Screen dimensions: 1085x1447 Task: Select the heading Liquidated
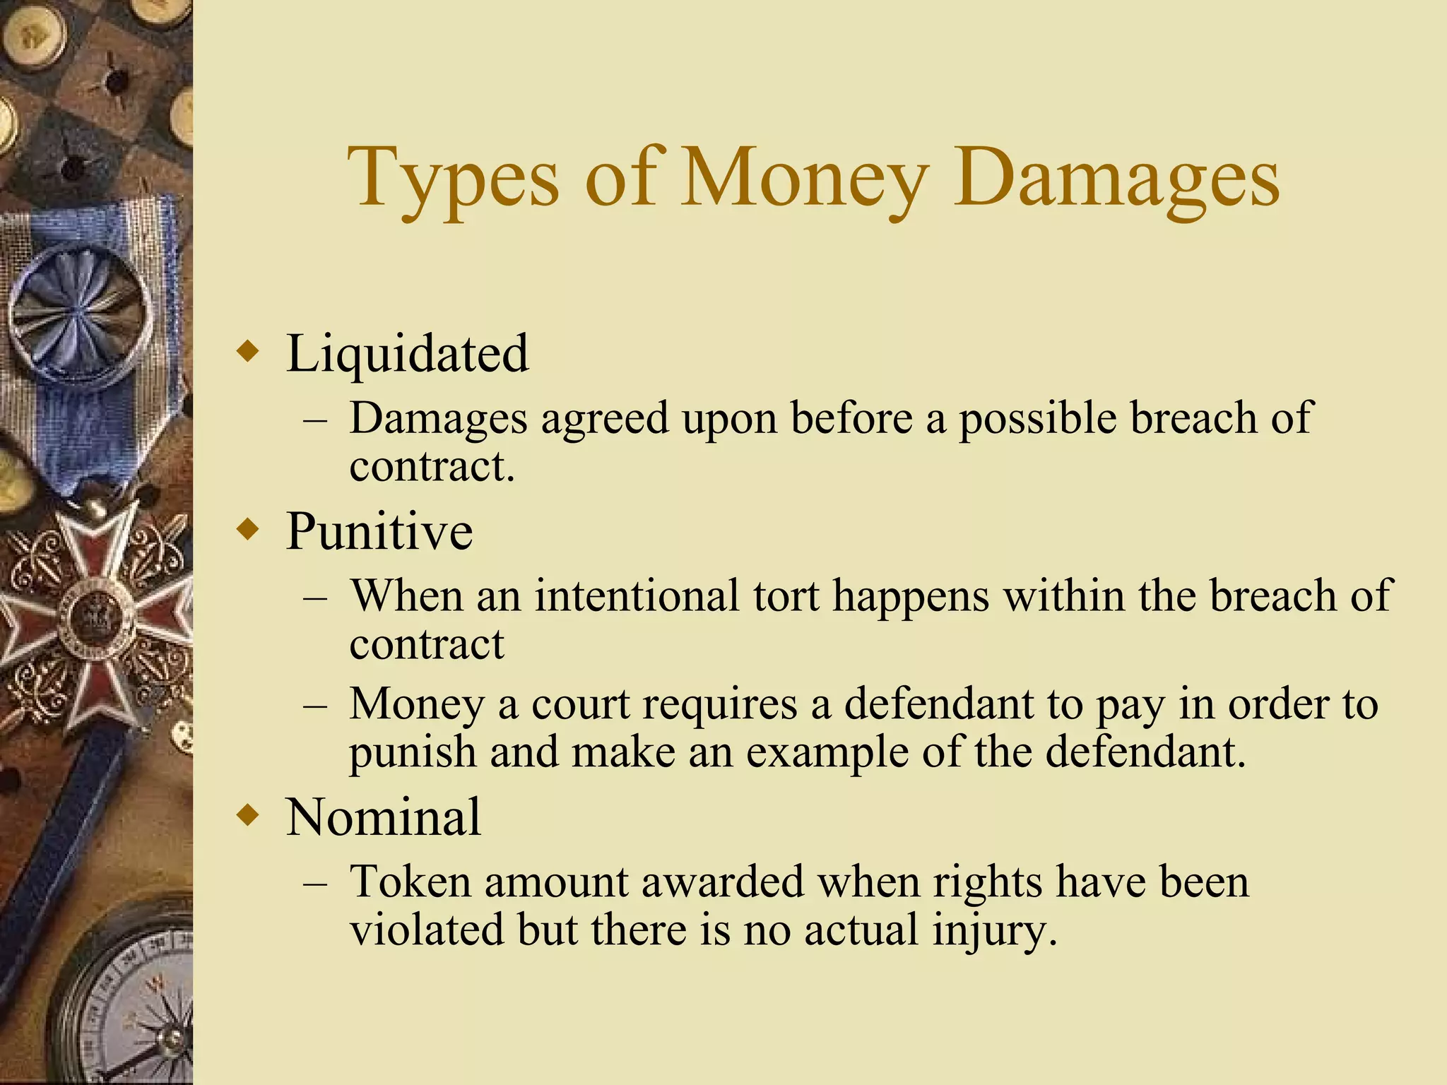pos(407,352)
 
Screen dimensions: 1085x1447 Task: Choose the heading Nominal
pos(384,817)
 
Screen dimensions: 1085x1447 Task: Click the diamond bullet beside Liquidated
pos(248,351)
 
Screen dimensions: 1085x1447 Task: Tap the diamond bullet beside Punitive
pos(248,529)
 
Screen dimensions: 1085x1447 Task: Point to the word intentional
pos(637,595)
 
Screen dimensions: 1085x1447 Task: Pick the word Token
pos(411,882)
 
